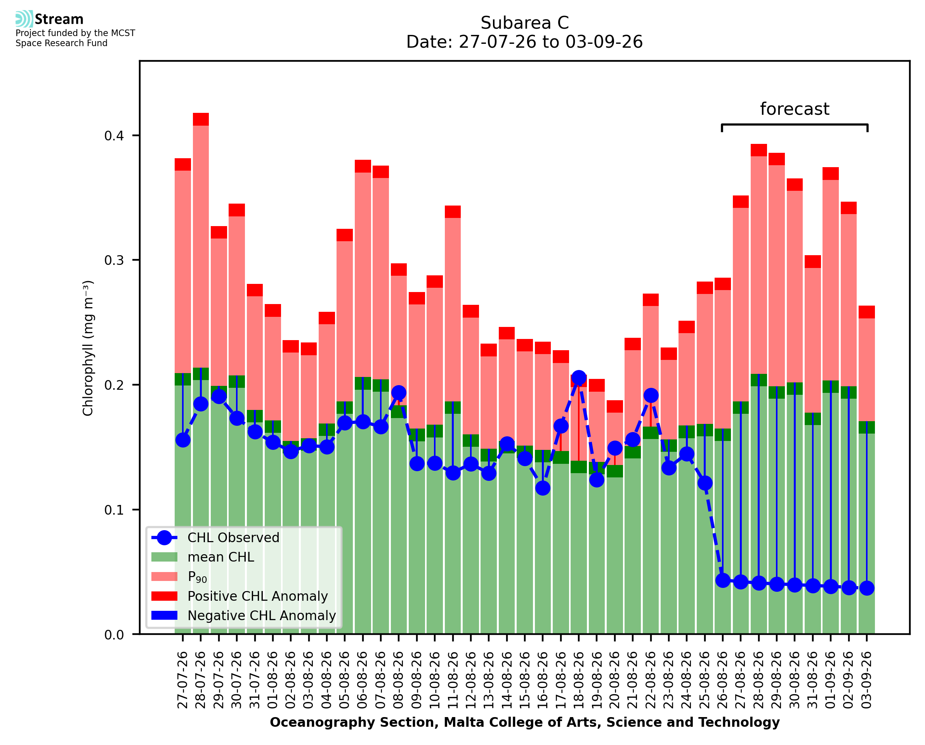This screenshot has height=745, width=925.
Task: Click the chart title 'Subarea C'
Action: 524,23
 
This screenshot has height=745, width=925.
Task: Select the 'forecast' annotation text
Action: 795,109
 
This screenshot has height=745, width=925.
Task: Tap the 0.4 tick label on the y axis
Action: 114,136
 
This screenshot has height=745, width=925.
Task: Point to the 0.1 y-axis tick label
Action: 114,510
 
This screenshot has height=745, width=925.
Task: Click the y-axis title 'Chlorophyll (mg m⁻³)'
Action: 88,348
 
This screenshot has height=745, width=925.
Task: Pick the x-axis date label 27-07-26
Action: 182,680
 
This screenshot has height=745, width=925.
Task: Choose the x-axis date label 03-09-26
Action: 867,680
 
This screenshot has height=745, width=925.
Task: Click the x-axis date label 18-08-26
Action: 578,680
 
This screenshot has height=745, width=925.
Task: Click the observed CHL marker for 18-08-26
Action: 578,378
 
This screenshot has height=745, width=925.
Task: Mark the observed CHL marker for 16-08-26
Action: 543,488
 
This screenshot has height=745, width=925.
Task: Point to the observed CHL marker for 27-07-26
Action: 183,440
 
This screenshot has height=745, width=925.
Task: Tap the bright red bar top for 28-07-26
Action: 201,119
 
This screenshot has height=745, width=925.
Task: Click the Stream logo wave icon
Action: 24,19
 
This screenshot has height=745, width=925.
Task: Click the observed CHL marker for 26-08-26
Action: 723,581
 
